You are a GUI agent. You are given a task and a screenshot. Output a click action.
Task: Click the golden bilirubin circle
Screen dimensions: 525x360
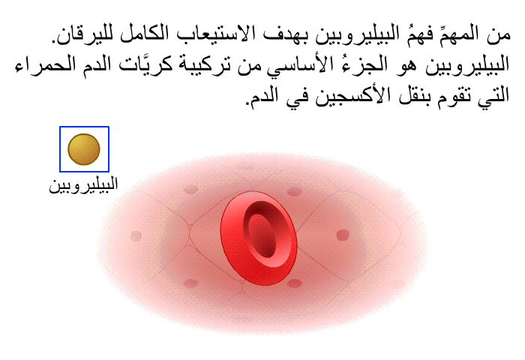(84, 149)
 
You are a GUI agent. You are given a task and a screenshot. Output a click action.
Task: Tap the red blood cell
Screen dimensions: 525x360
(259, 238)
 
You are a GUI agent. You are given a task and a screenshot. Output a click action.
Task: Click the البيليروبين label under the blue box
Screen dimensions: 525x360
(84, 185)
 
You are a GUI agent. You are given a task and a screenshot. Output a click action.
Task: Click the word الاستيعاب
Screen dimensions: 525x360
(210, 34)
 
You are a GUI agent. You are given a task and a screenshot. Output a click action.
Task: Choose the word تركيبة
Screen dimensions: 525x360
(205, 64)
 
